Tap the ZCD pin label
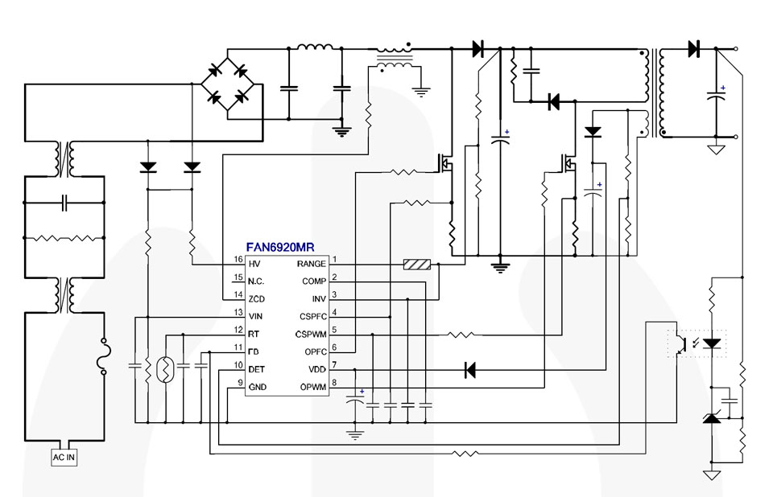pos(256,298)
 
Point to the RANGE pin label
pos(311,264)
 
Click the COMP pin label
pos(314,281)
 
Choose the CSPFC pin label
pos(312,316)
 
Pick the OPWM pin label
pos(312,387)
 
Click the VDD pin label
pos(316,369)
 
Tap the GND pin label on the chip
pos(257,387)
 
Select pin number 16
pos(238,260)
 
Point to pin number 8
pos(334,383)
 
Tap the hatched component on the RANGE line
pos(417,264)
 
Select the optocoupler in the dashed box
pos(697,343)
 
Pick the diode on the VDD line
pos(469,370)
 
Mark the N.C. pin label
pos(257,281)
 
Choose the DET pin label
pos(257,369)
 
